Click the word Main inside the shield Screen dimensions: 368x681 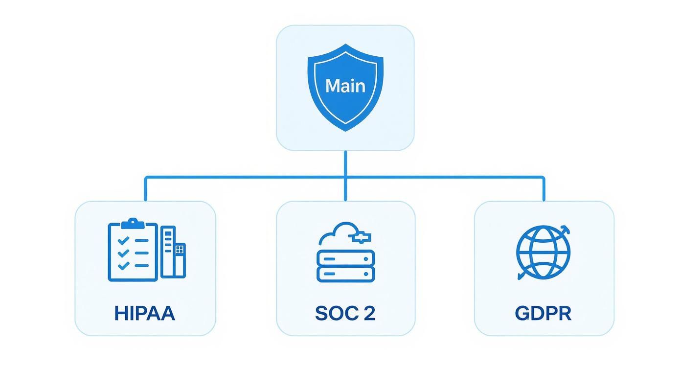point(345,86)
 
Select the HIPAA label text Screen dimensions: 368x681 point(144,313)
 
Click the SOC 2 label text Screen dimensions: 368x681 point(345,313)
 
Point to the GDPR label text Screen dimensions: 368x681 point(543,313)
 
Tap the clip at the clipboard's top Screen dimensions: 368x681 point(133,224)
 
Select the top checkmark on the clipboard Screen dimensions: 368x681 point(124,240)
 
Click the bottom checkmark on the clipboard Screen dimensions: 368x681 point(124,265)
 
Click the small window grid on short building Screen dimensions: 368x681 point(180,250)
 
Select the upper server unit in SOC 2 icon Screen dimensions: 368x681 point(345,257)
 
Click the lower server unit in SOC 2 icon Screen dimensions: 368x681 point(345,274)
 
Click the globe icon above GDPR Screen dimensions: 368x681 point(543,252)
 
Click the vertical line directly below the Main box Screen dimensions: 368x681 point(345,164)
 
